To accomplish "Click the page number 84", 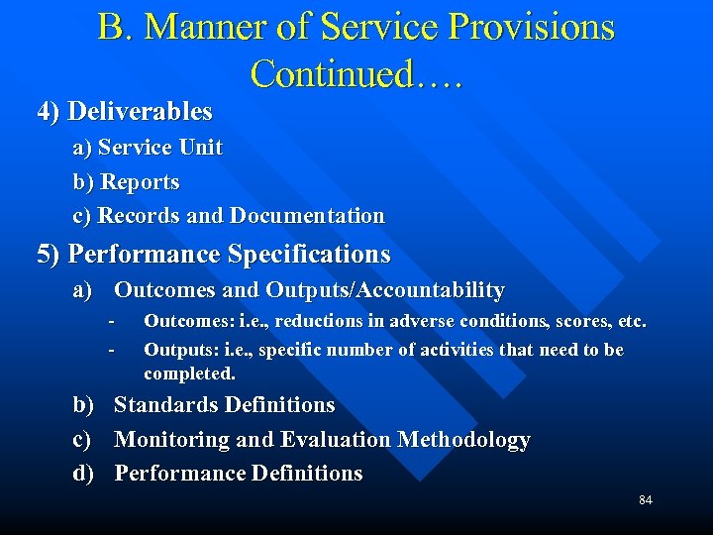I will click(x=645, y=500).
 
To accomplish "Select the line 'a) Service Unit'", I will click(x=148, y=149).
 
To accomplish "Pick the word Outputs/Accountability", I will click(x=385, y=290).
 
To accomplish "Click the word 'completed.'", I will click(x=189, y=374).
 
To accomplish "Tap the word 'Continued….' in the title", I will click(x=356, y=73).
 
